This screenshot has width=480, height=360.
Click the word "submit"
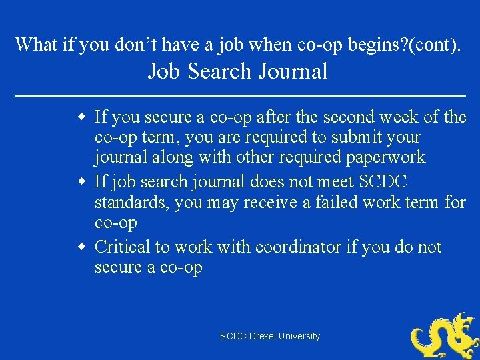pyautogui.click(x=356, y=138)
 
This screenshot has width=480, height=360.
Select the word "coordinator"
pyautogui.click(x=293, y=247)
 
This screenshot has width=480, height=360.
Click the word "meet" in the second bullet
pyautogui.click(x=333, y=181)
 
